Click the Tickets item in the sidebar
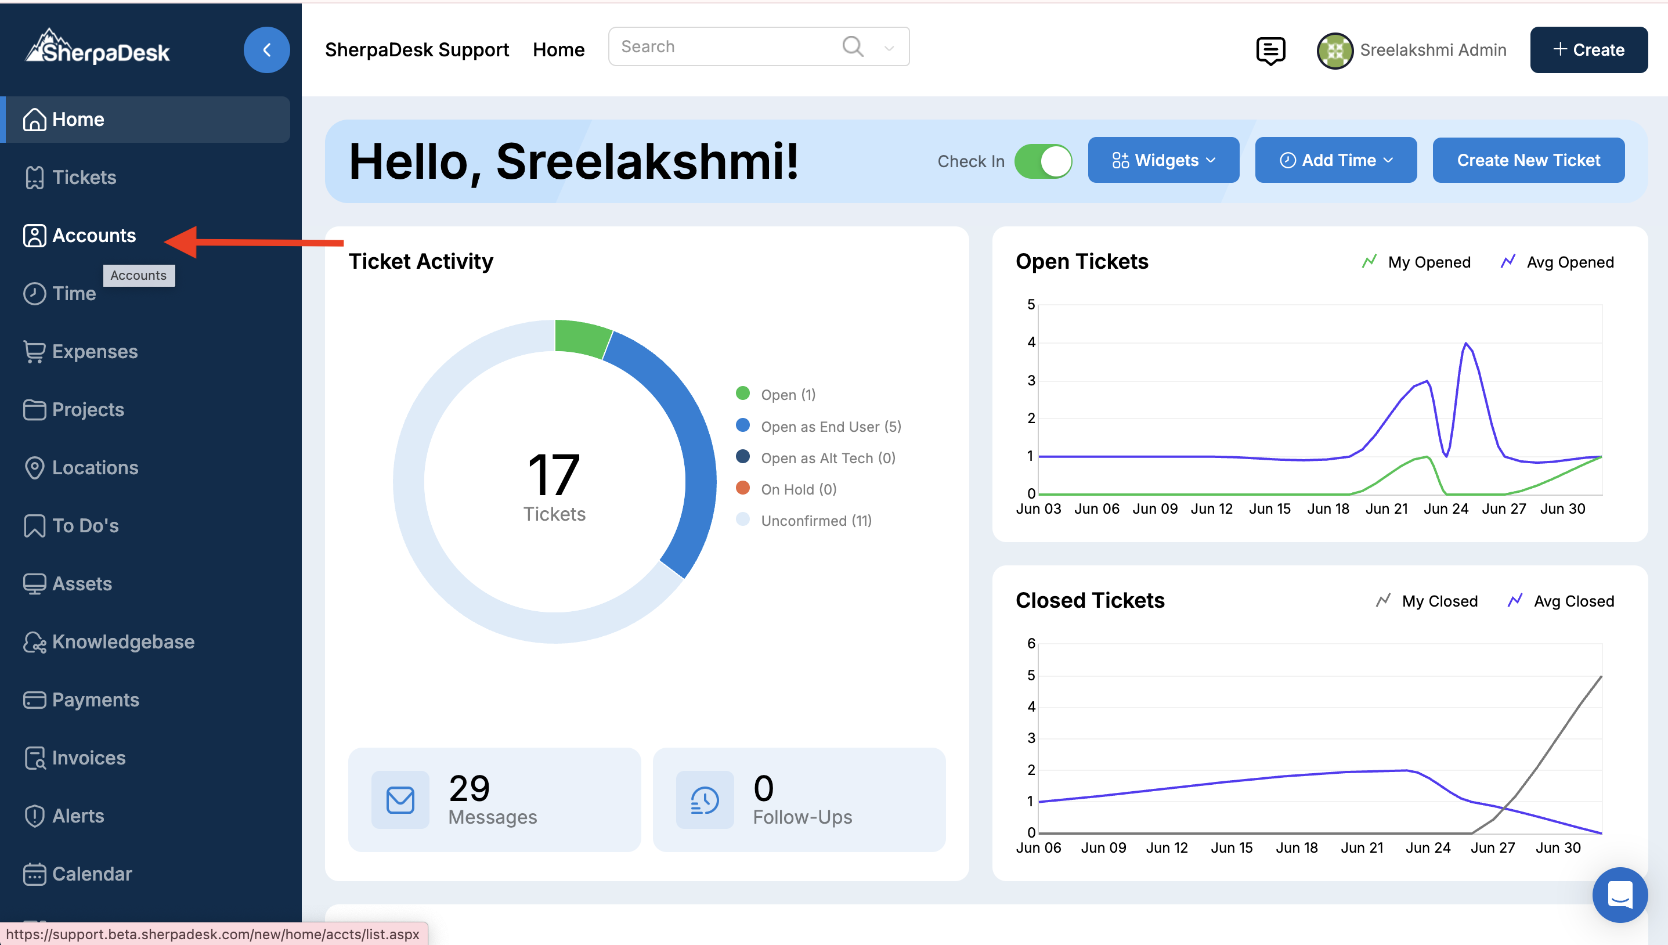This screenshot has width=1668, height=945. pyautogui.click(x=84, y=177)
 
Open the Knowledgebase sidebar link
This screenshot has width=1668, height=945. pyautogui.click(x=122, y=641)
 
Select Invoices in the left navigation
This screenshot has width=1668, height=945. pyautogui.click(x=88, y=758)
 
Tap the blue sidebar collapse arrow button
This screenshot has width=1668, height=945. pyautogui.click(x=266, y=50)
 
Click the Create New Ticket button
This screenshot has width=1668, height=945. pyautogui.click(x=1528, y=160)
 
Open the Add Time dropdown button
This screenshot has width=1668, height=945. pyautogui.click(x=1335, y=160)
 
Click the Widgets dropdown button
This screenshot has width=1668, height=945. pyautogui.click(x=1162, y=160)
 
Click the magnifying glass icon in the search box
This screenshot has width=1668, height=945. pyautogui.click(x=852, y=47)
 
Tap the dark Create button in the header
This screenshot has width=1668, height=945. pyautogui.click(x=1588, y=50)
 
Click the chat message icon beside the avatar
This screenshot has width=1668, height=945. pyautogui.click(x=1270, y=51)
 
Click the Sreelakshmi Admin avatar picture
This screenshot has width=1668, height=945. pyautogui.click(x=1334, y=51)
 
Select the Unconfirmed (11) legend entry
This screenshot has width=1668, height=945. pyautogui.click(x=815, y=521)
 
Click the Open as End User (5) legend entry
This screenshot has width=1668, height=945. pyautogui.click(x=831, y=427)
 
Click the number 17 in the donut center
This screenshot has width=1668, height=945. pyautogui.click(x=554, y=474)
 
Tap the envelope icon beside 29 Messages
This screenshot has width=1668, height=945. pyautogui.click(x=400, y=800)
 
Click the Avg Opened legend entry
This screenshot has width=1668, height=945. pyautogui.click(x=1569, y=262)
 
